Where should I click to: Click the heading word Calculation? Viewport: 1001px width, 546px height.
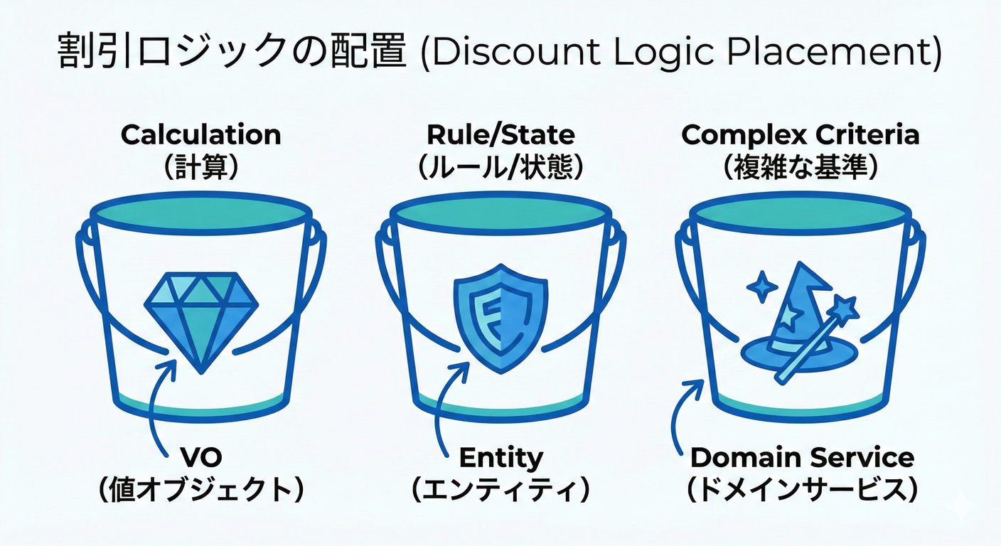tap(201, 134)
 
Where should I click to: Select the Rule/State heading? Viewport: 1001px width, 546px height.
tap(500, 134)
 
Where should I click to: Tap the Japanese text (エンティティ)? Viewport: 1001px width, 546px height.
tap(500, 490)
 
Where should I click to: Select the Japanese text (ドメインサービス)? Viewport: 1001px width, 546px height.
tap(802, 490)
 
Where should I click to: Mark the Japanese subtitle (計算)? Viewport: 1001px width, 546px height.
tap(201, 168)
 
